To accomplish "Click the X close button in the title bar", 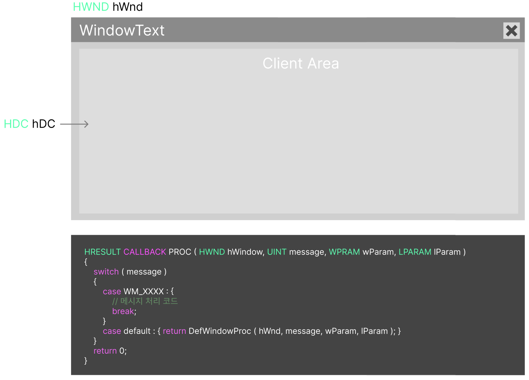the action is pyautogui.click(x=511, y=31).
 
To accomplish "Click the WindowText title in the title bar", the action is pyautogui.click(x=122, y=31).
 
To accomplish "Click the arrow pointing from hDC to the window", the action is pyautogui.click(x=74, y=124).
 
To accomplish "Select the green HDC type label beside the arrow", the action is pyautogui.click(x=16, y=124).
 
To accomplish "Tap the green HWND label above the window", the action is pyautogui.click(x=91, y=7).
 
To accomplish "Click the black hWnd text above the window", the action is pyautogui.click(x=128, y=7).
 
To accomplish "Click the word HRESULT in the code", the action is pyautogui.click(x=102, y=252).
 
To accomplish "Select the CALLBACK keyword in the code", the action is pyautogui.click(x=145, y=252).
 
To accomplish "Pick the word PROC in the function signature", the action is pyautogui.click(x=180, y=252).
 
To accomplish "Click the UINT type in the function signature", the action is pyautogui.click(x=277, y=252).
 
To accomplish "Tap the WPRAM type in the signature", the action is pyautogui.click(x=344, y=252).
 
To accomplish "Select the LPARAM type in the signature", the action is pyautogui.click(x=415, y=252).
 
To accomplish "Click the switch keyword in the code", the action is pyautogui.click(x=106, y=272).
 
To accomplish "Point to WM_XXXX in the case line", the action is pyautogui.click(x=144, y=292).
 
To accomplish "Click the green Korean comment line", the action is pyautogui.click(x=145, y=301).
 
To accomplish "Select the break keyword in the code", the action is pyautogui.click(x=123, y=311).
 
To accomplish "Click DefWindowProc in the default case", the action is pyautogui.click(x=220, y=331).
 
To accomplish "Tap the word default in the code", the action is pyautogui.click(x=137, y=331).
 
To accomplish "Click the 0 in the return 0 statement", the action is pyautogui.click(x=122, y=351).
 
